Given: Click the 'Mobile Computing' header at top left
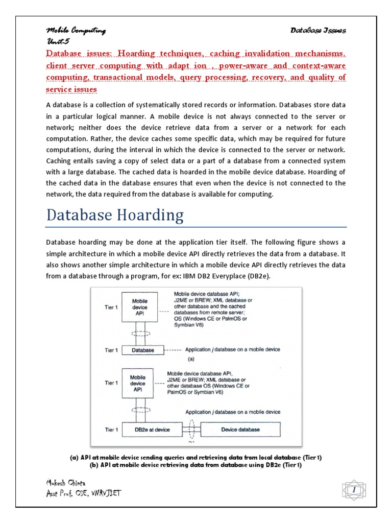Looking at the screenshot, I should coord(76,31).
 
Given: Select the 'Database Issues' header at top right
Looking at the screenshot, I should coord(318,31).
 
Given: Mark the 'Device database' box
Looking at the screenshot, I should coord(240,430).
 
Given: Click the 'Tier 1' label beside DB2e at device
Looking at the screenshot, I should coord(111,430).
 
